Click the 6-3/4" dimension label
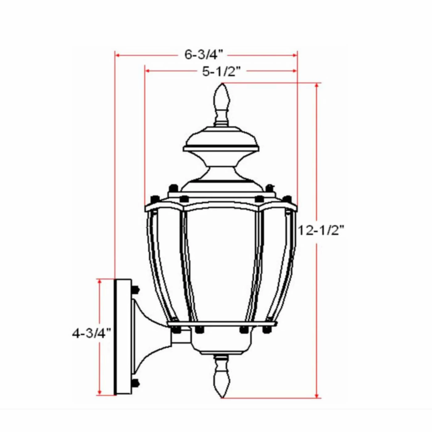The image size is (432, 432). click(x=203, y=54)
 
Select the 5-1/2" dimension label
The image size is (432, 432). click(x=221, y=71)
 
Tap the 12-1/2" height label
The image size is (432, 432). click(x=320, y=230)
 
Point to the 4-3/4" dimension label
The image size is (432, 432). click(x=91, y=333)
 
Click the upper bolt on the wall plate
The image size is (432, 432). click(x=135, y=289)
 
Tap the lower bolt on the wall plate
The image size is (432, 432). click(x=135, y=383)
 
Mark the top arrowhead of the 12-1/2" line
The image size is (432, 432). click(x=317, y=85)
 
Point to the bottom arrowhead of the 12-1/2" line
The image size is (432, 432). click(x=317, y=396)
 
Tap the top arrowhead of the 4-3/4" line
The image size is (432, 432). click(x=99, y=281)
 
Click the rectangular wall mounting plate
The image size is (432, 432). click(x=123, y=336)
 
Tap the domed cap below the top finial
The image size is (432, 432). click(x=221, y=140)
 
